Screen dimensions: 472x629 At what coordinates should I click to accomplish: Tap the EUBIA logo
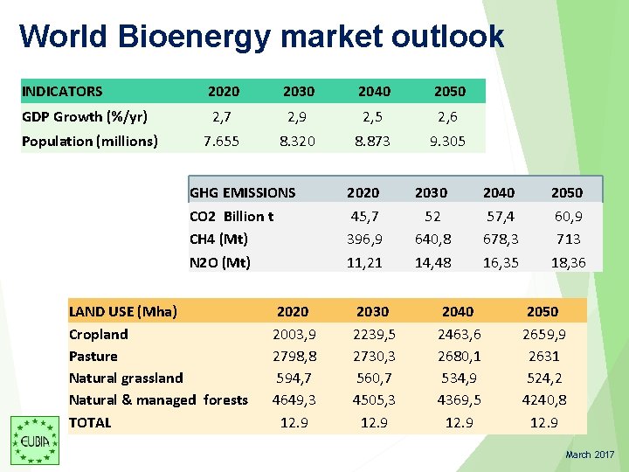tap(34, 439)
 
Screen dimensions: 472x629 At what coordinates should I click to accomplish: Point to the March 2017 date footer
tap(590, 455)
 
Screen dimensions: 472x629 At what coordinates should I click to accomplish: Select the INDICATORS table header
tap(62, 91)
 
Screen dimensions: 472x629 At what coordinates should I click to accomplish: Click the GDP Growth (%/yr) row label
tap(84, 116)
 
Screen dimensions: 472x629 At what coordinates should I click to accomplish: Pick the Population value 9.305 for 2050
tap(447, 141)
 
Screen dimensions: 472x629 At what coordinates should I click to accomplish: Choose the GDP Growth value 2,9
tap(298, 116)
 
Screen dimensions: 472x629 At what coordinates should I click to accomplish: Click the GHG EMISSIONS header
tap(242, 192)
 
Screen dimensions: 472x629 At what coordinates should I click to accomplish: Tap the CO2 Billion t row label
tap(232, 216)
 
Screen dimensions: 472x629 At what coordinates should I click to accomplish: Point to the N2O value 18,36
tap(567, 262)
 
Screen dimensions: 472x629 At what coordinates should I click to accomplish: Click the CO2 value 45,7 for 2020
tap(363, 216)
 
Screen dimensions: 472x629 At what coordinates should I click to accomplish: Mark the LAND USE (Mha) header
tap(123, 311)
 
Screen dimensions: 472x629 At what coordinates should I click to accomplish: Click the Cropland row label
tap(98, 334)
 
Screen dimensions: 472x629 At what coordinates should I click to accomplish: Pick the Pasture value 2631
tap(543, 356)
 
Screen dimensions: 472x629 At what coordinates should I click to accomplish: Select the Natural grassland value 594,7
tap(294, 378)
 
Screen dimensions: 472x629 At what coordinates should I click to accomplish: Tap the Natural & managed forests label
tap(158, 399)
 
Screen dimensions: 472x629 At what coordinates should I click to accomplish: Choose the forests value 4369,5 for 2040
tap(458, 399)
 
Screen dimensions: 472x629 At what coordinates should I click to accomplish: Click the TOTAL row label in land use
tap(90, 422)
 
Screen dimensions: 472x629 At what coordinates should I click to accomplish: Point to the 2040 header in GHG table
tap(499, 192)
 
